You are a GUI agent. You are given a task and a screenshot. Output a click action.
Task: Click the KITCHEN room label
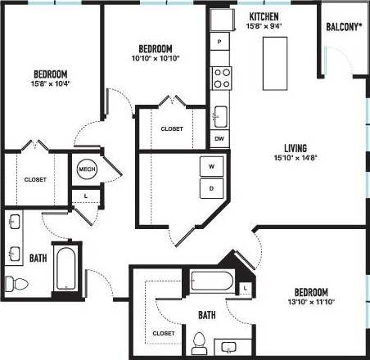[264, 16]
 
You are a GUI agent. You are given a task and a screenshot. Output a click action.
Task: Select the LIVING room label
[291, 148]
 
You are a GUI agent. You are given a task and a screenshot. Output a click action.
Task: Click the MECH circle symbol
[86, 169]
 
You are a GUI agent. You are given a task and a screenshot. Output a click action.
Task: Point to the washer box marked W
[211, 166]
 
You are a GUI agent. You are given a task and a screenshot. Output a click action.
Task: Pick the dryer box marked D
[211, 188]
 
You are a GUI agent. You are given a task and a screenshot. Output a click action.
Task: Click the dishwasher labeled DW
[219, 138]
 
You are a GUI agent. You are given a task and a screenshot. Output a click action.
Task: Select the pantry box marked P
[219, 41]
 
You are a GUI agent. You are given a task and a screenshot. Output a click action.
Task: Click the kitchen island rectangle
[274, 64]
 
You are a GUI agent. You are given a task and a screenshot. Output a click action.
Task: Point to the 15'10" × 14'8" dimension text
[291, 159]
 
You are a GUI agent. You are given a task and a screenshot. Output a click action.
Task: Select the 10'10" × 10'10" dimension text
[155, 58]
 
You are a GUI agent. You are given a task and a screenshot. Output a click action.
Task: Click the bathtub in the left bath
[65, 267]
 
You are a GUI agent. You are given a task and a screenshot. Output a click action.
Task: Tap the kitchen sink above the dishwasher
[219, 115]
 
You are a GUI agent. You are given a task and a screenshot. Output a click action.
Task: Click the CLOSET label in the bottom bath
[164, 334]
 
